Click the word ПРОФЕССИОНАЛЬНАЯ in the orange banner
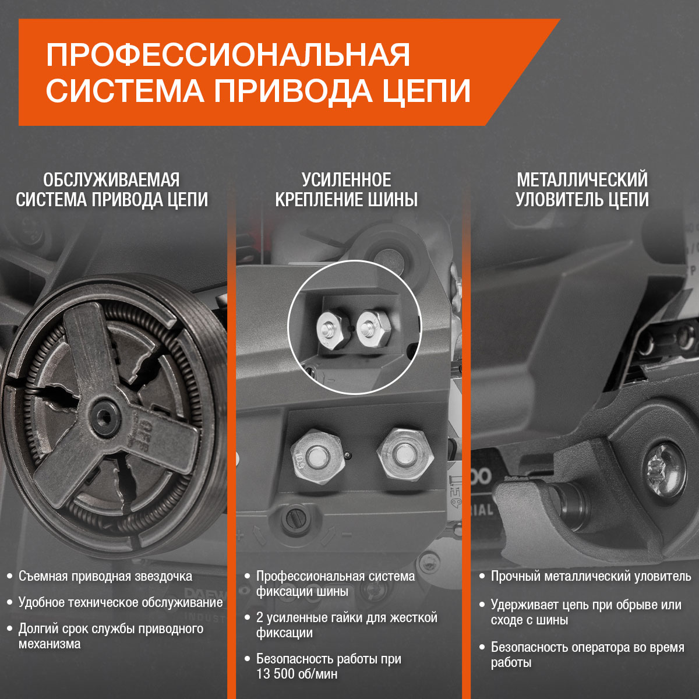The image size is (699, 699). [228, 55]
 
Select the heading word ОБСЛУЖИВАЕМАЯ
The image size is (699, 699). [112, 180]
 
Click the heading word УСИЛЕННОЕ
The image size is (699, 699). [347, 180]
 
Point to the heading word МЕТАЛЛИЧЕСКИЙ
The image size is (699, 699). [582, 180]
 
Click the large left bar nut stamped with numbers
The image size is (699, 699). [317, 456]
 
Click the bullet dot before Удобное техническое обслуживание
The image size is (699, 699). [10, 602]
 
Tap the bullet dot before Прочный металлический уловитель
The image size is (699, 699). [482, 577]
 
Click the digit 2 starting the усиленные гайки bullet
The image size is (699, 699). [260, 617]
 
